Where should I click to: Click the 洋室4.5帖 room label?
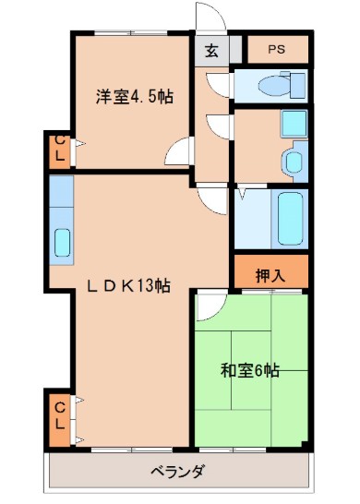(x=130, y=95)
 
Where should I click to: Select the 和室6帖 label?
(x=249, y=372)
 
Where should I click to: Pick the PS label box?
(x=278, y=49)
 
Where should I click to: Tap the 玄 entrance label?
(x=211, y=51)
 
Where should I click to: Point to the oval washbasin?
(x=293, y=162)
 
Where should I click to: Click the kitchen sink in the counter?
(x=61, y=241)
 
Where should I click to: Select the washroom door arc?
(x=219, y=125)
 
